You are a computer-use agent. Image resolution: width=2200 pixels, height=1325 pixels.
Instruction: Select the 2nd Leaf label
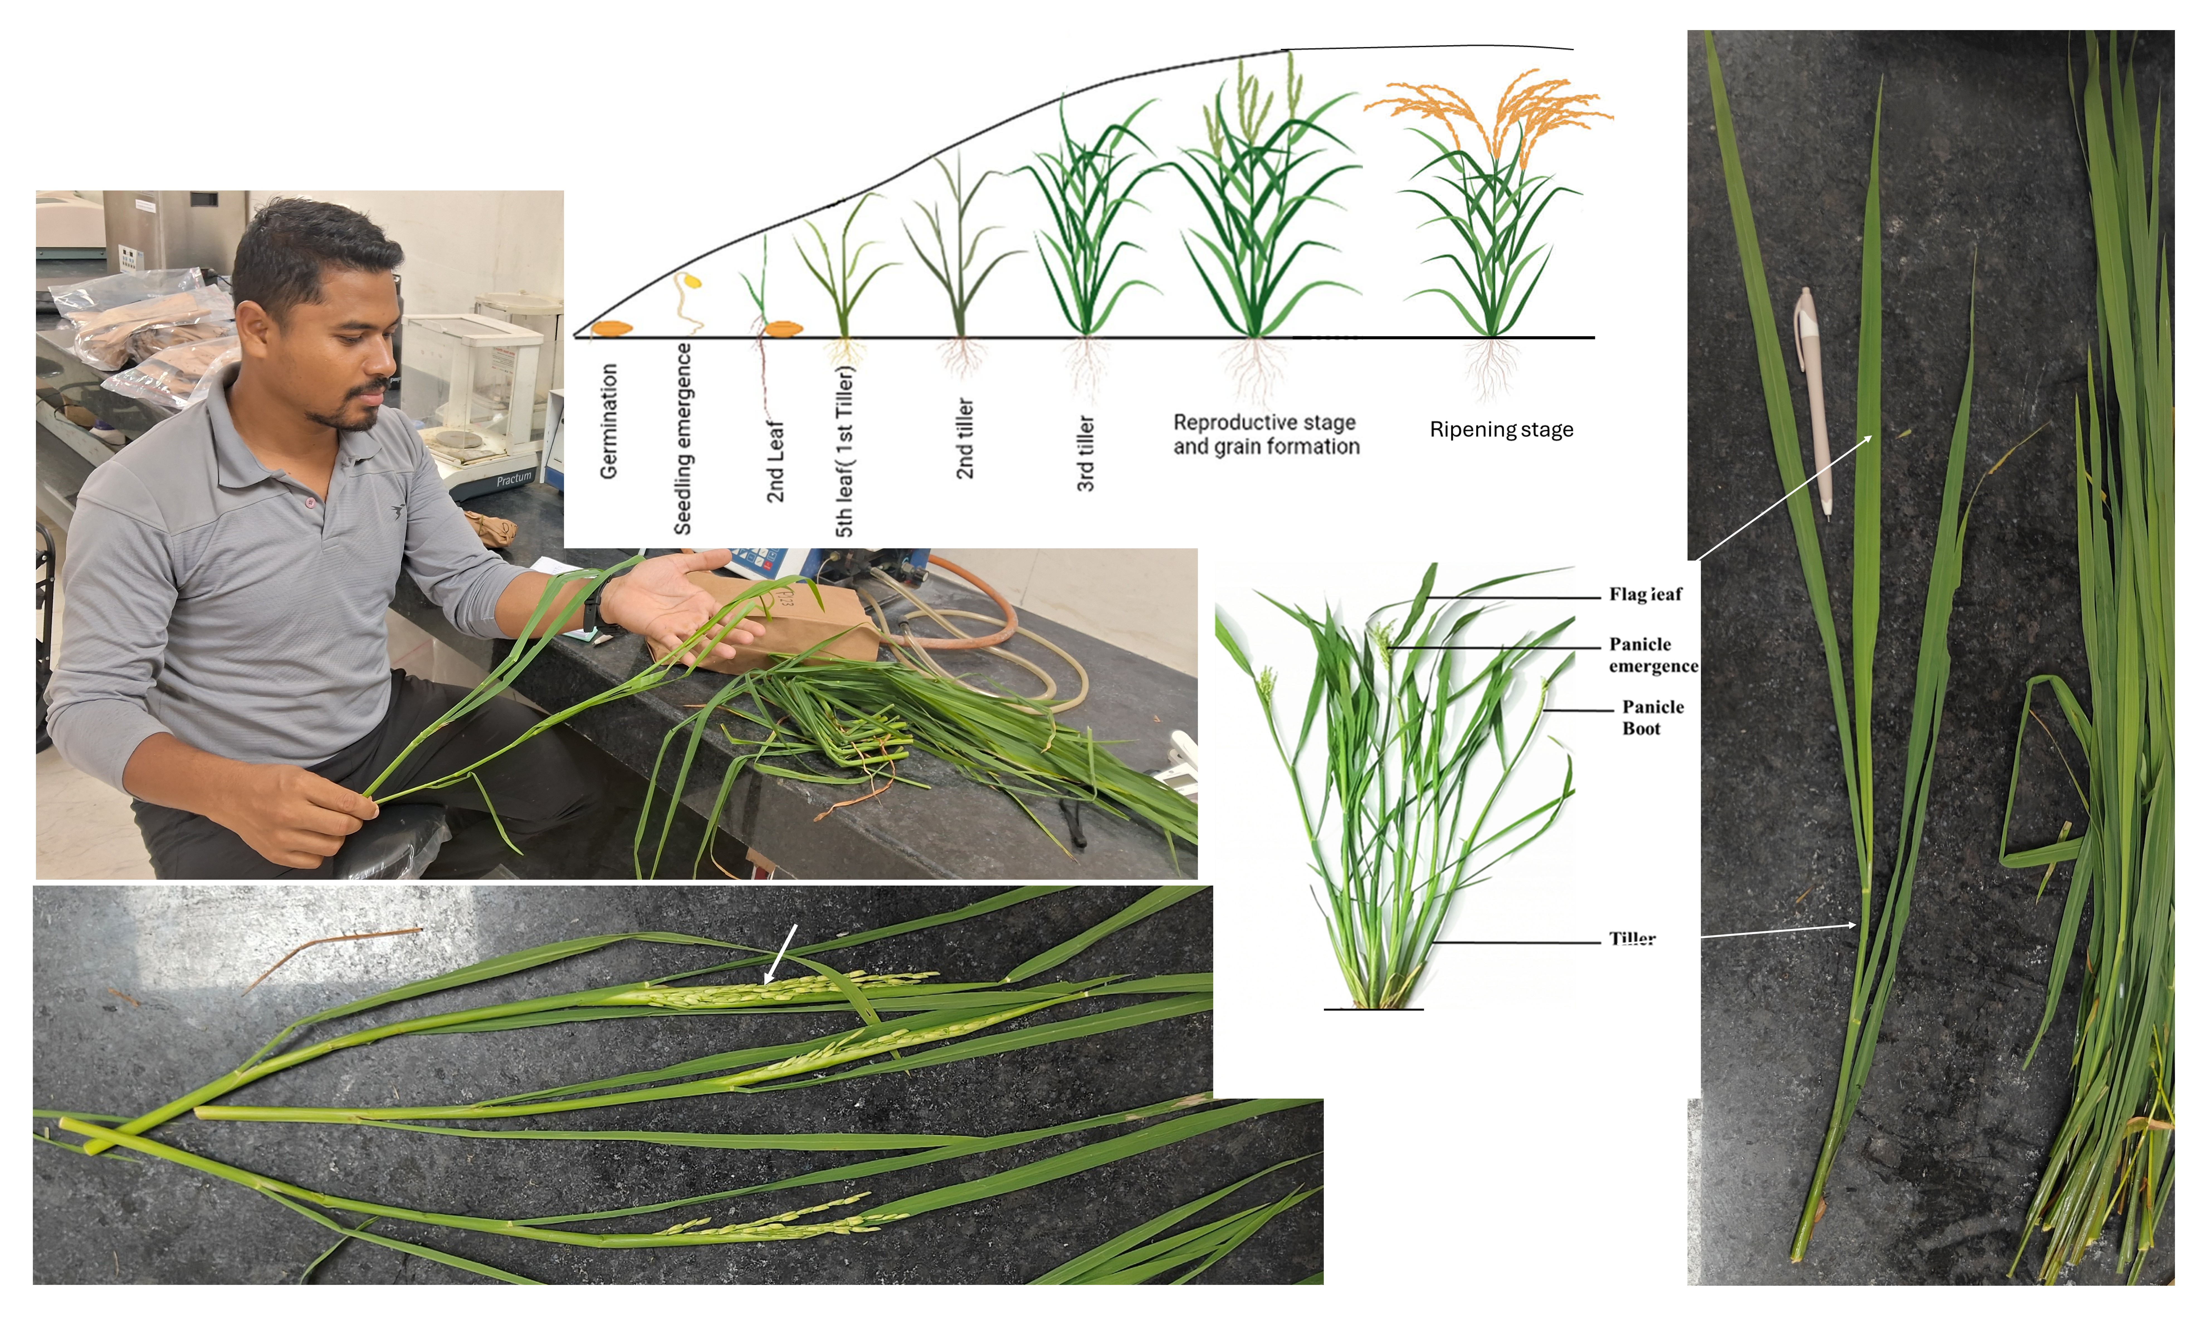775,461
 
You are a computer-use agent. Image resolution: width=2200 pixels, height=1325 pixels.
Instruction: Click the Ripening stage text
1501,429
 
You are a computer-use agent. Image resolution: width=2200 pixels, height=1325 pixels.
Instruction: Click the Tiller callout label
1632,938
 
